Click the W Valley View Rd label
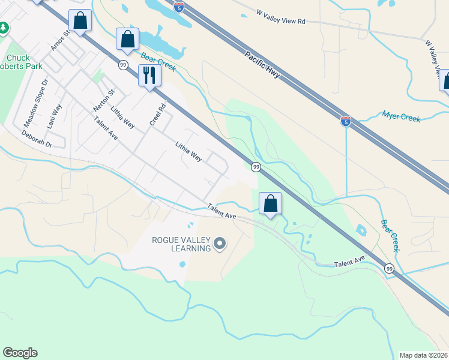click(281, 17)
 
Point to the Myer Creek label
click(402, 116)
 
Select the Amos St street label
click(61, 41)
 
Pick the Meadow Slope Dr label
click(35, 103)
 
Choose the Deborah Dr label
click(37, 140)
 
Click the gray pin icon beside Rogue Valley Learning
click(220, 244)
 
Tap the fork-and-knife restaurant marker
click(149, 76)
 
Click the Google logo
click(20, 353)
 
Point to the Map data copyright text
click(424, 355)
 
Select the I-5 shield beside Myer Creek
click(345, 121)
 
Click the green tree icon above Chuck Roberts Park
click(4, 28)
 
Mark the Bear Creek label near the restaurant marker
click(158, 62)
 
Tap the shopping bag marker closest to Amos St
click(80, 20)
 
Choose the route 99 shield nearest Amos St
click(122, 65)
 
